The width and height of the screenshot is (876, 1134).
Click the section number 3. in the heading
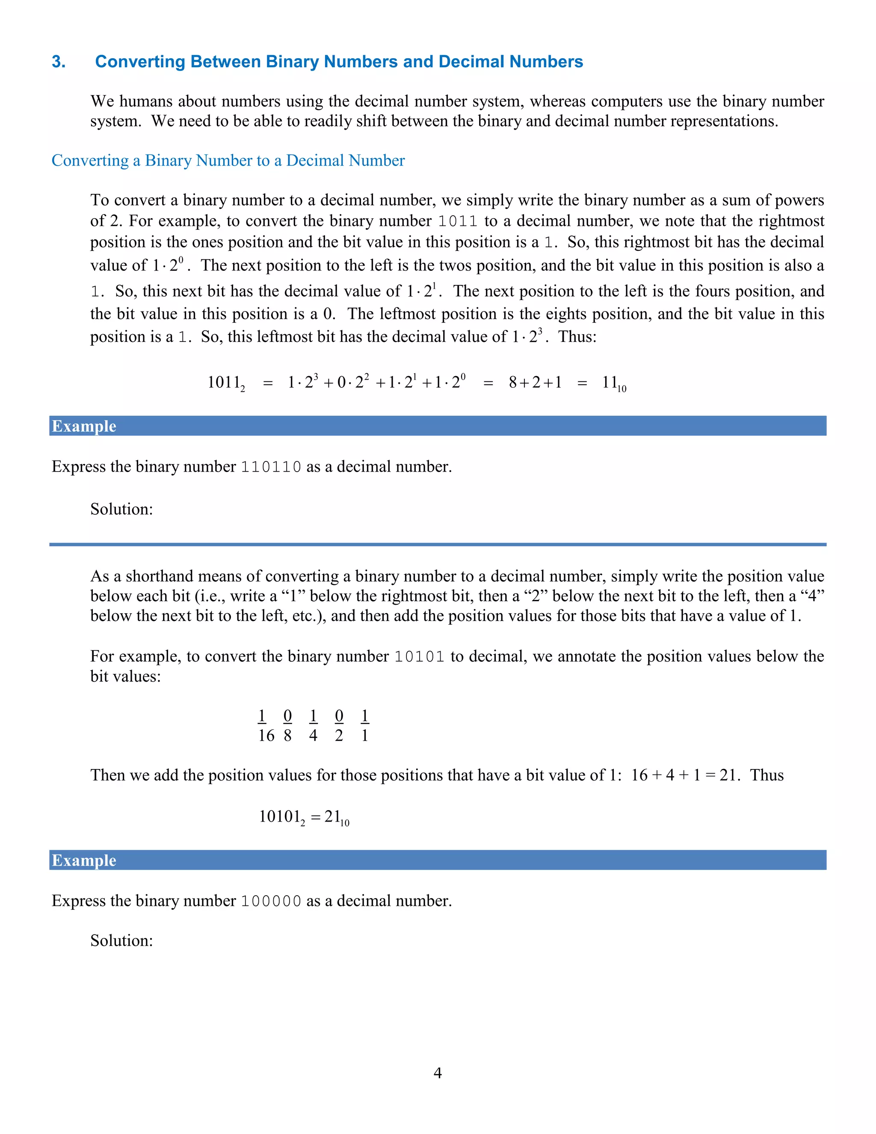[59, 62]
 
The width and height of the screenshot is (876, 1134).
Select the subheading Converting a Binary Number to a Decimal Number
[228, 160]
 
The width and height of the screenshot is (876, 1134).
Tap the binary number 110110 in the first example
[271, 467]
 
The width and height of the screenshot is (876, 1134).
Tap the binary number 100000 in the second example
[271, 901]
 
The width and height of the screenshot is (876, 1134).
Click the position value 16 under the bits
[266, 735]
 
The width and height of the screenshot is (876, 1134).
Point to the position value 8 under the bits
[287, 735]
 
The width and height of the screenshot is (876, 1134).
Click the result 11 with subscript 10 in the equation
[613, 383]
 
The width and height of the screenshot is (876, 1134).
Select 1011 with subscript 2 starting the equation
[226, 383]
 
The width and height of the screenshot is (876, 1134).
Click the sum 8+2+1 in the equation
[535, 383]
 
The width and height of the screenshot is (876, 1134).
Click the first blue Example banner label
[84, 426]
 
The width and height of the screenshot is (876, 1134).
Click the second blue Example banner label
[84, 861]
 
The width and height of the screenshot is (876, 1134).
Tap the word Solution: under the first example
[121, 509]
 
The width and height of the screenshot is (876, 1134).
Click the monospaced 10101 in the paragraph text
[419, 657]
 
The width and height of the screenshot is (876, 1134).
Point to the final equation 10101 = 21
[304, 817]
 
